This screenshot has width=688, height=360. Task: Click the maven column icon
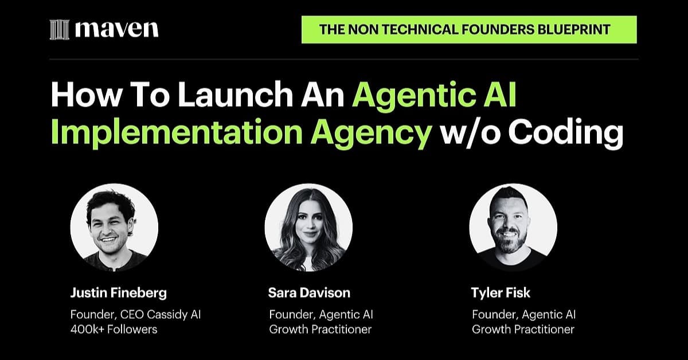[60, 30]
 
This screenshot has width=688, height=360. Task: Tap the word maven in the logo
[117, 29]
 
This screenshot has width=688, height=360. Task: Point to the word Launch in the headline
[235, 94]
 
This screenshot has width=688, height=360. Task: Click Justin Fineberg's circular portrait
[114, 228]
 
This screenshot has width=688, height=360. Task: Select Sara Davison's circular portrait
[308, 228]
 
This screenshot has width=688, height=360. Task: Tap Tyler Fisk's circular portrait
[513, 228]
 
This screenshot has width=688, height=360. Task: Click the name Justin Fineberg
[119, 293]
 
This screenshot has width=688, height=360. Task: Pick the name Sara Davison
[309, 293]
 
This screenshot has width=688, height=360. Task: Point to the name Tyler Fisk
[501, 293]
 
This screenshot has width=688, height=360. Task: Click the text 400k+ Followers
[114, 329]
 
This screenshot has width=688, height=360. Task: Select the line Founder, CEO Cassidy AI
[135, 315]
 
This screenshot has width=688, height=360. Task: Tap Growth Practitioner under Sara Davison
[320, 329]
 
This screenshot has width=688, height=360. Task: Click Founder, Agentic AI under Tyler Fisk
[523, 315]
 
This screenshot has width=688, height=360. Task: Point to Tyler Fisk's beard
[510, 242]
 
